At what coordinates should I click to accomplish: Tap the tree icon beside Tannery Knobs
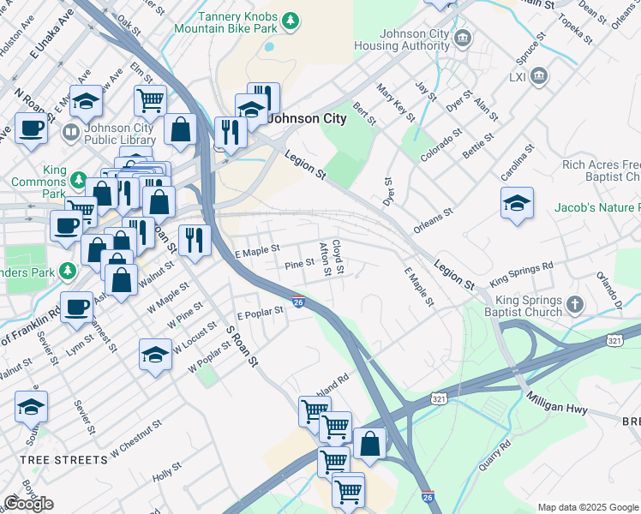291,19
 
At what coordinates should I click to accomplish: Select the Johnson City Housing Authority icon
463,38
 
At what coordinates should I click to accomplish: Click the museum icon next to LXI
540,76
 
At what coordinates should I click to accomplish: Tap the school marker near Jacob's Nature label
517,204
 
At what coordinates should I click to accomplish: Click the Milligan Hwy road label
557,403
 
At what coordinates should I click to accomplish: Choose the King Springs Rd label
521,273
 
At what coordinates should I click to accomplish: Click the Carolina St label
517,161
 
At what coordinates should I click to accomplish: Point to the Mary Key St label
395,101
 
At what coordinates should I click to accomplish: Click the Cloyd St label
338,257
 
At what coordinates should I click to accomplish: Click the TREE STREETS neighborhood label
63,460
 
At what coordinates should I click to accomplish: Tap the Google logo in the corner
28,504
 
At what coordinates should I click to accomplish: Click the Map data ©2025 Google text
588,507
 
